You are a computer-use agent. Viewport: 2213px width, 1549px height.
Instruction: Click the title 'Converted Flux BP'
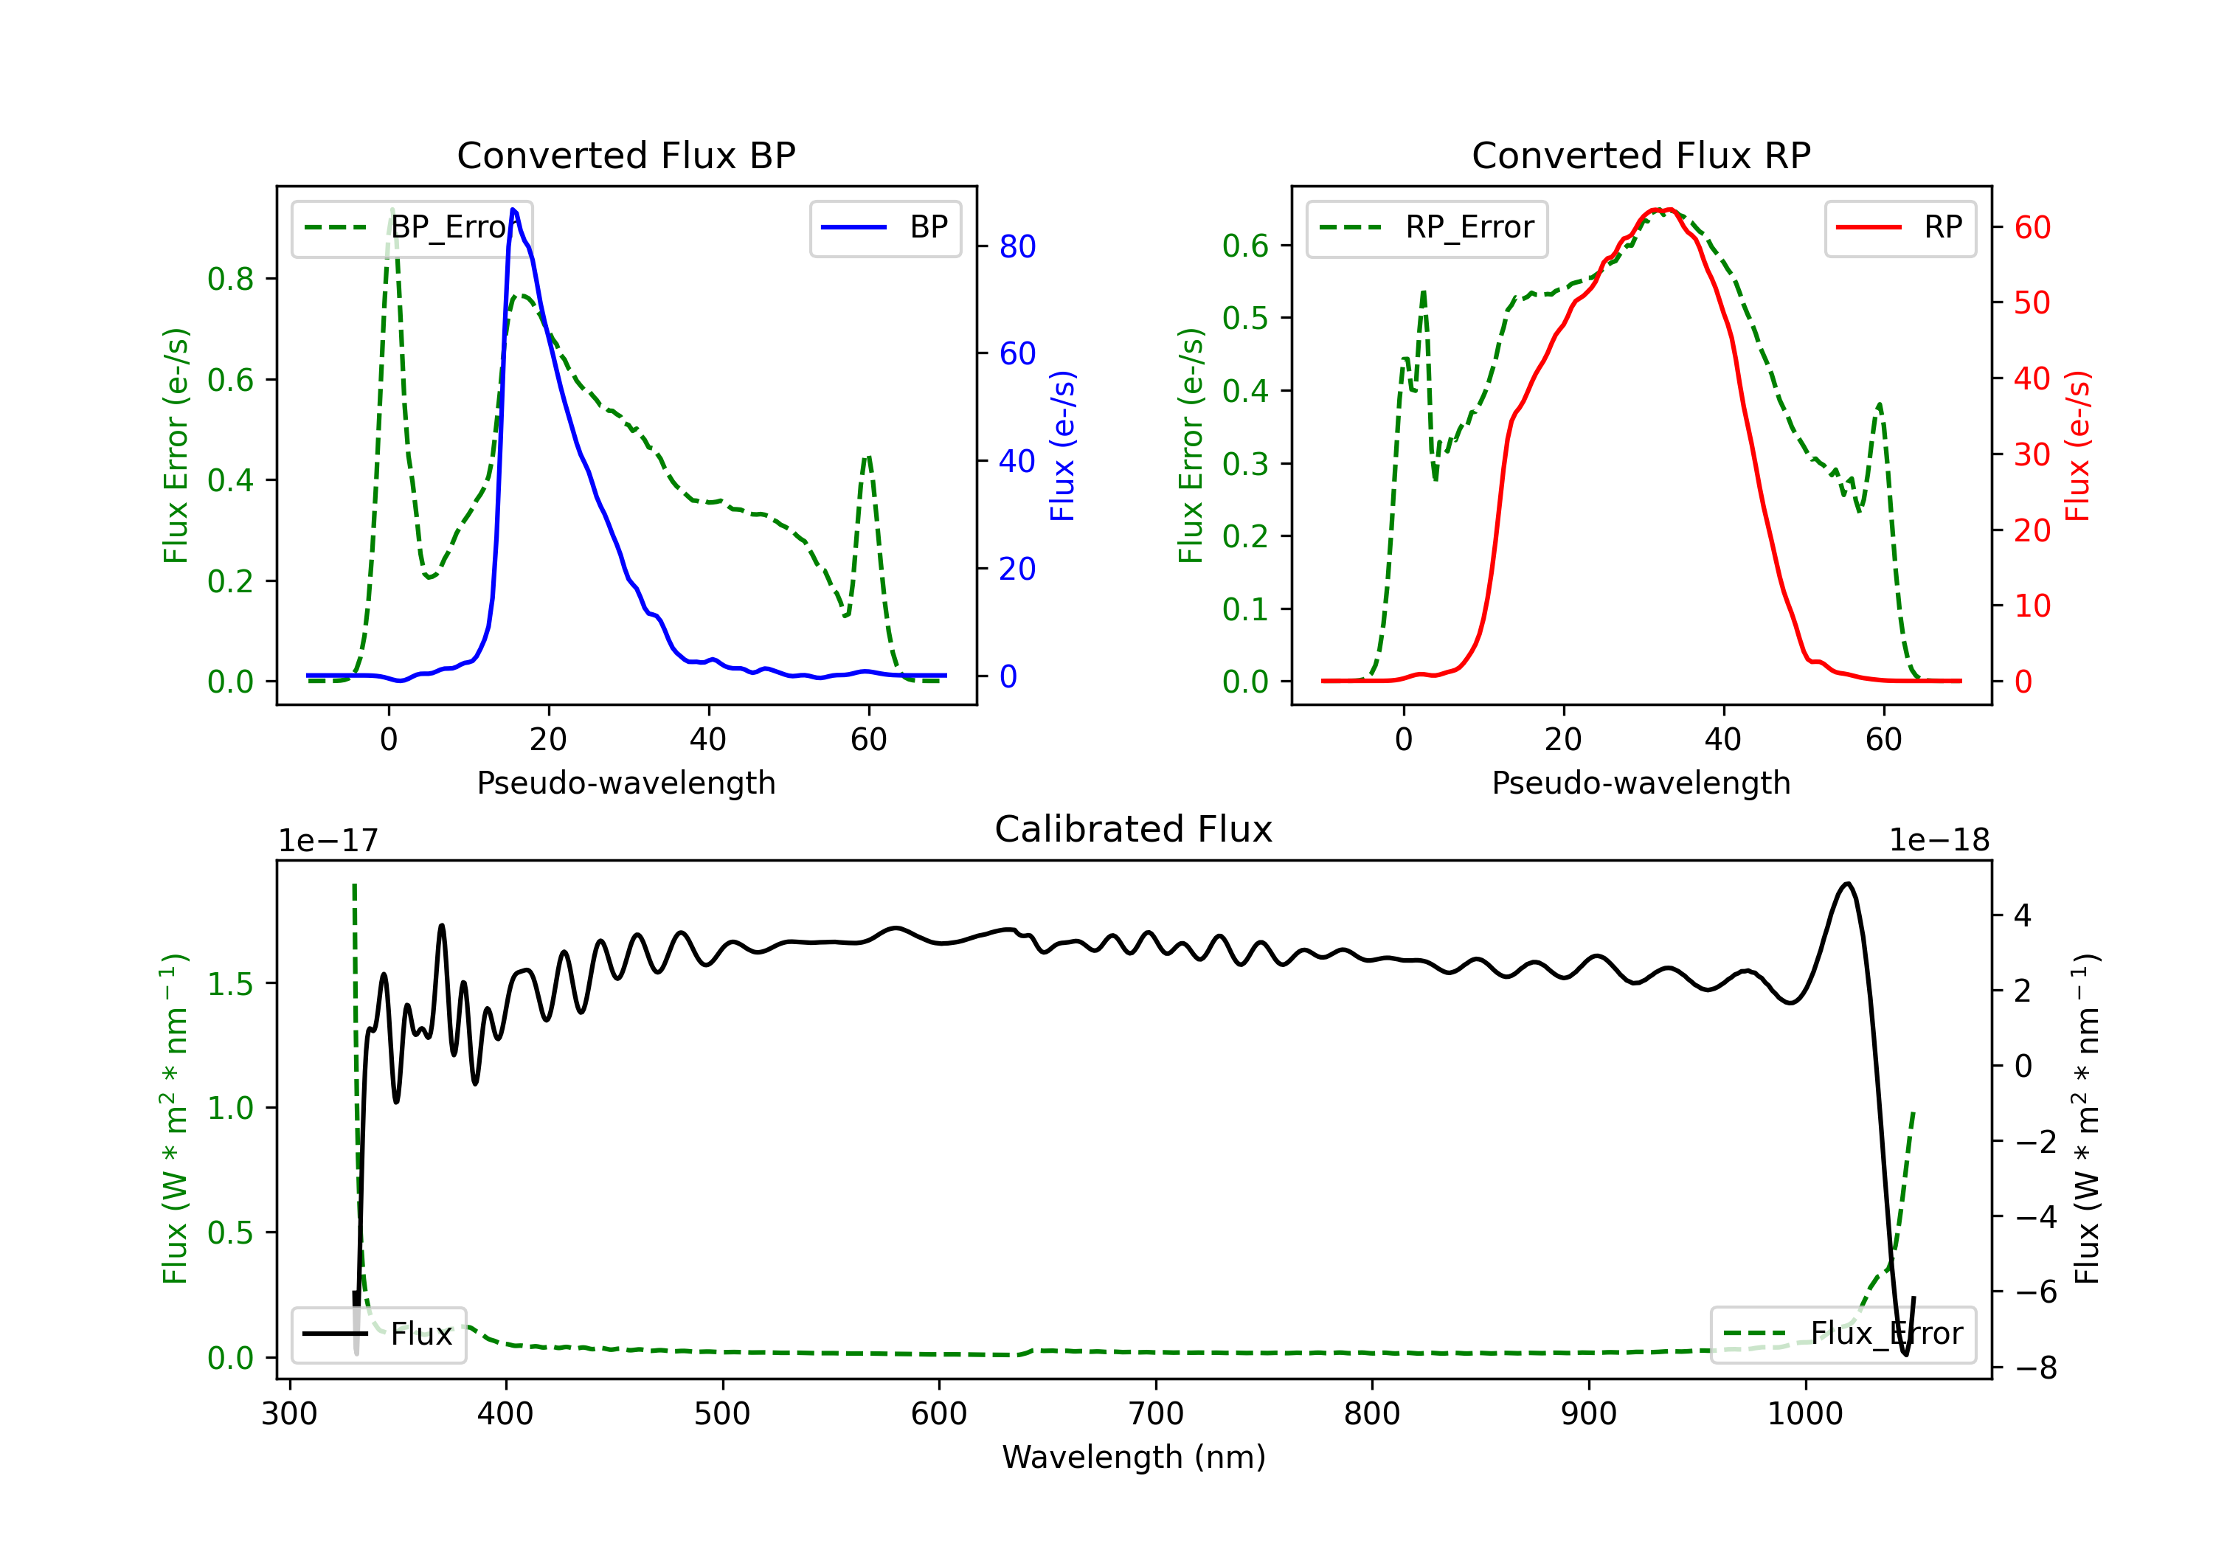(x=626, y=155)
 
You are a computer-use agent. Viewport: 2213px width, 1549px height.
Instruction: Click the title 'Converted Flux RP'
(x=1641, y=155)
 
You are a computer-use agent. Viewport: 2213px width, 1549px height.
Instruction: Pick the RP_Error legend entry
(x=1427, y=227)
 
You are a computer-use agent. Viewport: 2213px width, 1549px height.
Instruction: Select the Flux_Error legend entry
(x=1843, y=1334)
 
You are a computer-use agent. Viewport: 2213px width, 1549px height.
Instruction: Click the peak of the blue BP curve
(x=513, y=209)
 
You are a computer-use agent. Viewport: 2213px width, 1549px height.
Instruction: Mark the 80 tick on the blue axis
(x=1017, y=247)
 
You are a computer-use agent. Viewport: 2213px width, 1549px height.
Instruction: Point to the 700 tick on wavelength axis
(x=1156, y=1413)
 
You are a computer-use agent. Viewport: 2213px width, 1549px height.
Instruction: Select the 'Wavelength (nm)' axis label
(x=1134, y=1457)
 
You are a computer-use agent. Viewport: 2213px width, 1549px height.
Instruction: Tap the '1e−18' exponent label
(x=1939, y=841)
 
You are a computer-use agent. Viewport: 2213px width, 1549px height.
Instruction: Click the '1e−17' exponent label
(x=329, y=841)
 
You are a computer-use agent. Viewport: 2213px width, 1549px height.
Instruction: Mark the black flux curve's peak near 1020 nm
(x=1846, y=883)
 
